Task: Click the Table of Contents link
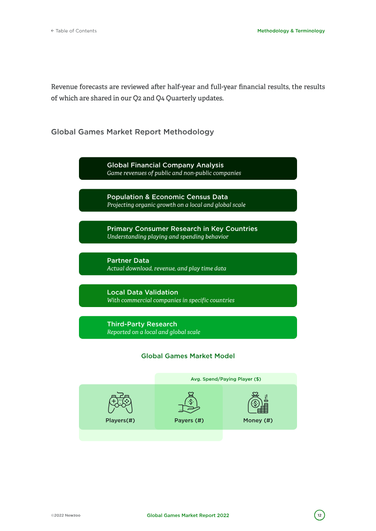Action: coord(74,31)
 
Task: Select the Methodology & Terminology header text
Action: coord(291,31)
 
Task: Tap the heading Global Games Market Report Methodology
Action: coord(132,132)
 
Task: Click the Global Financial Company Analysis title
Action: coord(165,165)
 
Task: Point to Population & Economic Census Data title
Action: coord(167,197)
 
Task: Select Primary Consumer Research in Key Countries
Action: coord(182,229)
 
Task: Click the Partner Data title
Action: coord(128,261)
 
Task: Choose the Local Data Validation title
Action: coord(142,292)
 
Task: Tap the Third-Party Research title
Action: coord(142,324)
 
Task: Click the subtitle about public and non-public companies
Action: coord(174,173)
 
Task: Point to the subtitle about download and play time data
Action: coord(166,269)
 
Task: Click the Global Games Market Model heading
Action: coord(188,356)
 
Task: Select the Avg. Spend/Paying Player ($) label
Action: coord(226,379)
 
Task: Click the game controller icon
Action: coord(120,403)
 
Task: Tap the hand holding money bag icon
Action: coord(189,403)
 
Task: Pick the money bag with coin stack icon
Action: coord(258,403)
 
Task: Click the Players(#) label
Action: coord(120,420)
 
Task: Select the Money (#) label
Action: coord(258,420)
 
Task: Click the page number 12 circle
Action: coord(320,515)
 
